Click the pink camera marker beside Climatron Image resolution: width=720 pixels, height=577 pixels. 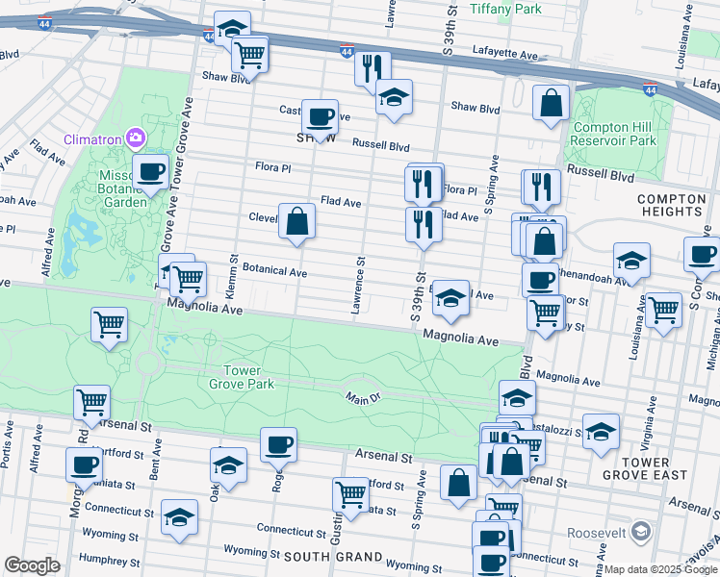coord(135,138)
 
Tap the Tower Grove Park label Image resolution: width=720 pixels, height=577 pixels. coord(249,377)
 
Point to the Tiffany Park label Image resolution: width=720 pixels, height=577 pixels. coord(505,9)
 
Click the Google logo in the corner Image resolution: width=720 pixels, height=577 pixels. coord(32,565)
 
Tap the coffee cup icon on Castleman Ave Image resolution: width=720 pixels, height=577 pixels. coord(321,118)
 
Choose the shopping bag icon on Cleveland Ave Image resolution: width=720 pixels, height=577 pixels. coord(297,222)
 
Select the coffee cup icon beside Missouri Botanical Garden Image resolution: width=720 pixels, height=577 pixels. coord(149,173)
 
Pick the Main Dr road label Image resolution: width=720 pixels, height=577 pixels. coord(365,396)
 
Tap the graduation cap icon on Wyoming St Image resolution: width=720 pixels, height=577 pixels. coord(179,517)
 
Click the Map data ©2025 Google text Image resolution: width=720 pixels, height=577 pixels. coord(660,568)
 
